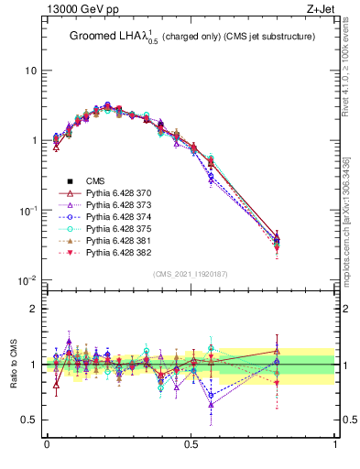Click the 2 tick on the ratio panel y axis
coord(35,309)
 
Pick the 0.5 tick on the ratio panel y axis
coord(30,420)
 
